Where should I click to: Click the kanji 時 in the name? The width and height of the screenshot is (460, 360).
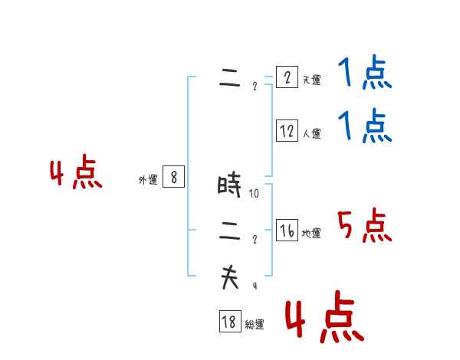tap(229, 185)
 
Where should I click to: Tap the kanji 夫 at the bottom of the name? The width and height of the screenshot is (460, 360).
tap(229, 277)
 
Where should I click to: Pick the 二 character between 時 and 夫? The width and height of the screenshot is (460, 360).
tap(229, 231)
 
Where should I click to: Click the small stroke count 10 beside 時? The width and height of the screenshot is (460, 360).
tap(254, 194)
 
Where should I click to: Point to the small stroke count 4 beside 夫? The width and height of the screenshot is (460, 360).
tap(254, 286)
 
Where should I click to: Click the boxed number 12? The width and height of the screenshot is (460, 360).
tap(287, 131)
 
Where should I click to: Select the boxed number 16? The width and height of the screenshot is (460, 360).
tap(287, 231)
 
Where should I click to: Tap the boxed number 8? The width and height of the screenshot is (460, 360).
tap(174, 178)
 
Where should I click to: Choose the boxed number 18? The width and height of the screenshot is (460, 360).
tap(229, 322)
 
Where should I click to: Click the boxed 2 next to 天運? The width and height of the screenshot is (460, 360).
tap(287, 77)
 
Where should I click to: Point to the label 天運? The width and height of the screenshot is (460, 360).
tap(311, 80)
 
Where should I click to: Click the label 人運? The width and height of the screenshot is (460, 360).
tap(311, 133)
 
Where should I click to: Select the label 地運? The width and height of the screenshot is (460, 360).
tap(311, 233)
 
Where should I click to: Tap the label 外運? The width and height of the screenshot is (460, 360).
tap(148, 180)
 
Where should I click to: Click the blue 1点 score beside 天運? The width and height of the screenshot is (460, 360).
tap(364, 74)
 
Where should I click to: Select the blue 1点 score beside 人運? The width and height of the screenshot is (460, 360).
tap(364, 126)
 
